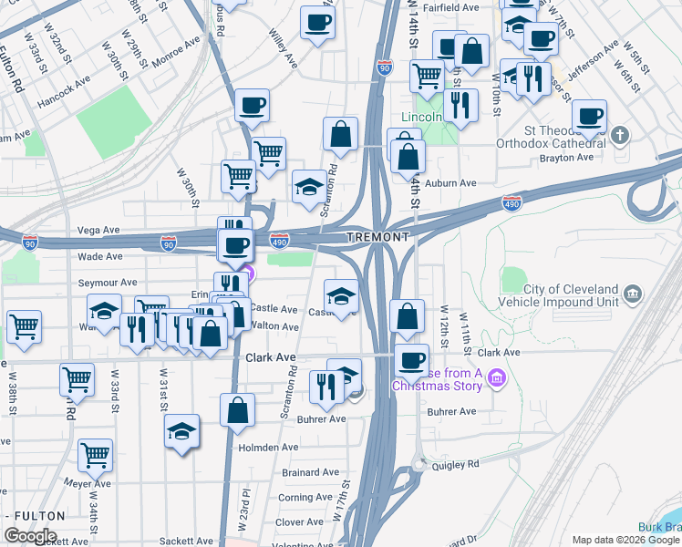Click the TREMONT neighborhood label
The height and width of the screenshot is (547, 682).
(377, 237)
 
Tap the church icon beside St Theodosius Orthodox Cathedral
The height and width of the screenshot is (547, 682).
(621, 137)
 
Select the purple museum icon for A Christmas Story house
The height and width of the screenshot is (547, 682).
(496, 377)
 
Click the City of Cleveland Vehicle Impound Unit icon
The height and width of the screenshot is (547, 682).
(632, 294)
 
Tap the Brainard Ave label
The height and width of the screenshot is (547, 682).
(311, 472)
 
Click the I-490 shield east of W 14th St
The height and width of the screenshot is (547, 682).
(511, 202)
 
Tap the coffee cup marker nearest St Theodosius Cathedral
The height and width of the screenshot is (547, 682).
(590, 116)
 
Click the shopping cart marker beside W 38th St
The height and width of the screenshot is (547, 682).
(24, 325)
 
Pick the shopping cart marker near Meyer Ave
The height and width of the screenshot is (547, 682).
(95, 454)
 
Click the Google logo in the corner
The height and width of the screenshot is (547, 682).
(29, 536)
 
